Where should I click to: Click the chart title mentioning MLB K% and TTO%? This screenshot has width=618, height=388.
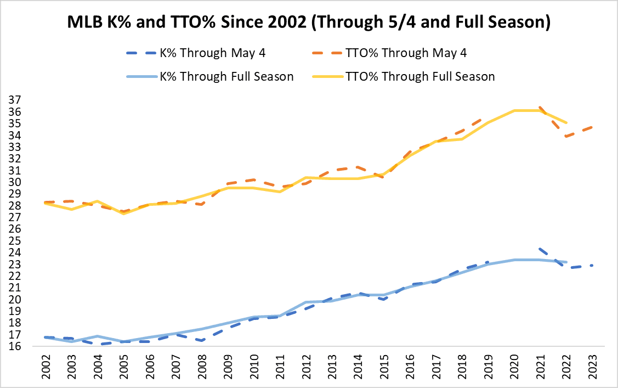click(309, 23)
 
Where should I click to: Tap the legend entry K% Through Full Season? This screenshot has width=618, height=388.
click(209, 76)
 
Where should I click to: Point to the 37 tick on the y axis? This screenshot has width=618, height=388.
click(14, 100)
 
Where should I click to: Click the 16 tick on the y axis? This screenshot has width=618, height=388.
click(14, 346)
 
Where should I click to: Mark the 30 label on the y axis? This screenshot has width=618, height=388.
click(14, 182)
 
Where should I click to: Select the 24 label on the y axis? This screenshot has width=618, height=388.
click(14, 252)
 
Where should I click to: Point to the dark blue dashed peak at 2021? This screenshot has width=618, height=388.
click(540, 249)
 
